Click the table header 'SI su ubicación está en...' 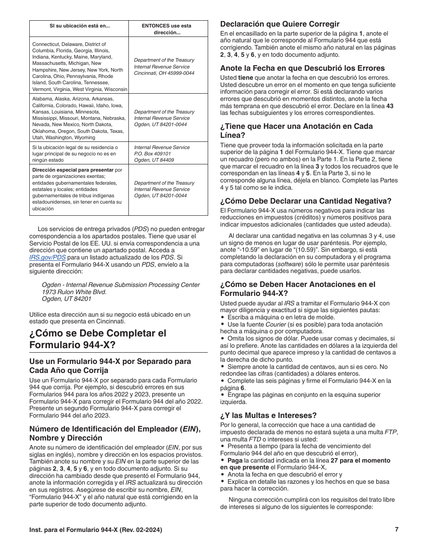pyautogui.click(x=79, y=26)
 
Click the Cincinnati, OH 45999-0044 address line pyautogui.click(x=164, y=73)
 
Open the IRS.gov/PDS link pyautogui.click(x=47, y=257)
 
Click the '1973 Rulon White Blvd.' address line pyautogui.click(x=74, y=292)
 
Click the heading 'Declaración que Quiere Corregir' pyautogui.click(x=279, y=24)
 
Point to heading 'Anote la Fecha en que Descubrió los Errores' pyautogui.click(x=302, y=68)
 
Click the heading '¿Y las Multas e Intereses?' pyautogui.click(x=268, y=415)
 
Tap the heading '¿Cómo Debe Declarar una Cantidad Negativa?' pyautogui.click(x=305, y=201)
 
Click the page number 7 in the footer pyautogui.click(x=396, y=530)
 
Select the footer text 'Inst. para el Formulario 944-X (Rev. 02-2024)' pyautogui.click(x=96, y=530)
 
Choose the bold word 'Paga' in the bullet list pyautogui.click(x=235, y=460)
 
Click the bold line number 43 pyautogui.click(x=390, y=106)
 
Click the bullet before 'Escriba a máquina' pyautogui.click(x=223, y=318)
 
